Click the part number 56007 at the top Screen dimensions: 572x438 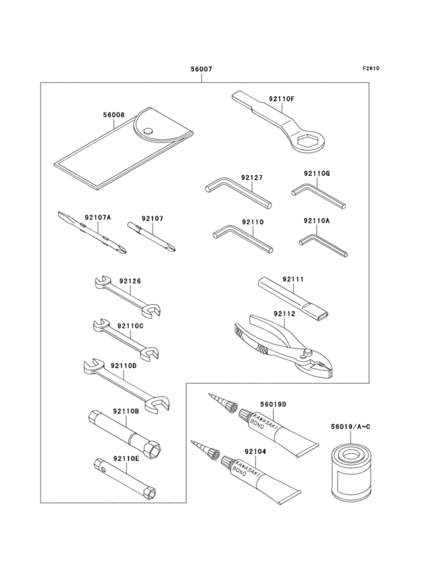(x=201, y=69)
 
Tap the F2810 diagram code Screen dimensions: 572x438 (x=372, y=68)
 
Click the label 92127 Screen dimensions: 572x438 (x=252, y=178)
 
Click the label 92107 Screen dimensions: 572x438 (x=152, y=219)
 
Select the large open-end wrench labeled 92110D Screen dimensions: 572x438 (x=129, y=383)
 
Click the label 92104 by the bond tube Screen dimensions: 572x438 (x=234, y=451)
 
